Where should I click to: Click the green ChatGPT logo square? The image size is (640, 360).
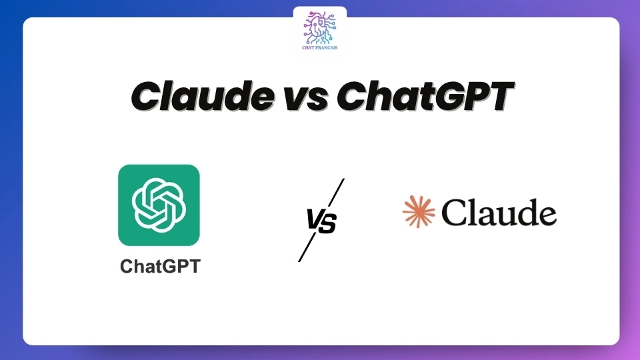click(159, 205)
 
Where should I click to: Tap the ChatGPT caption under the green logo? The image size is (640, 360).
click(160, 267)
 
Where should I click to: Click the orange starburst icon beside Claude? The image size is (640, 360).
click(419, 212)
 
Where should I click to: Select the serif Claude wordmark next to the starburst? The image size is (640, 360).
click(499, 213)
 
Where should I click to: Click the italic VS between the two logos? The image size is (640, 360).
click(321, 221)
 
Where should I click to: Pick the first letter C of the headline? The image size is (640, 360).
click(147, 97)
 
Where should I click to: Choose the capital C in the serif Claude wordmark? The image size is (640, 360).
click(455, 213)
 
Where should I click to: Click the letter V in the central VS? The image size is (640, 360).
click(314, 221)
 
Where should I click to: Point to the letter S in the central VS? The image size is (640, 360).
click(328, 221)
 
